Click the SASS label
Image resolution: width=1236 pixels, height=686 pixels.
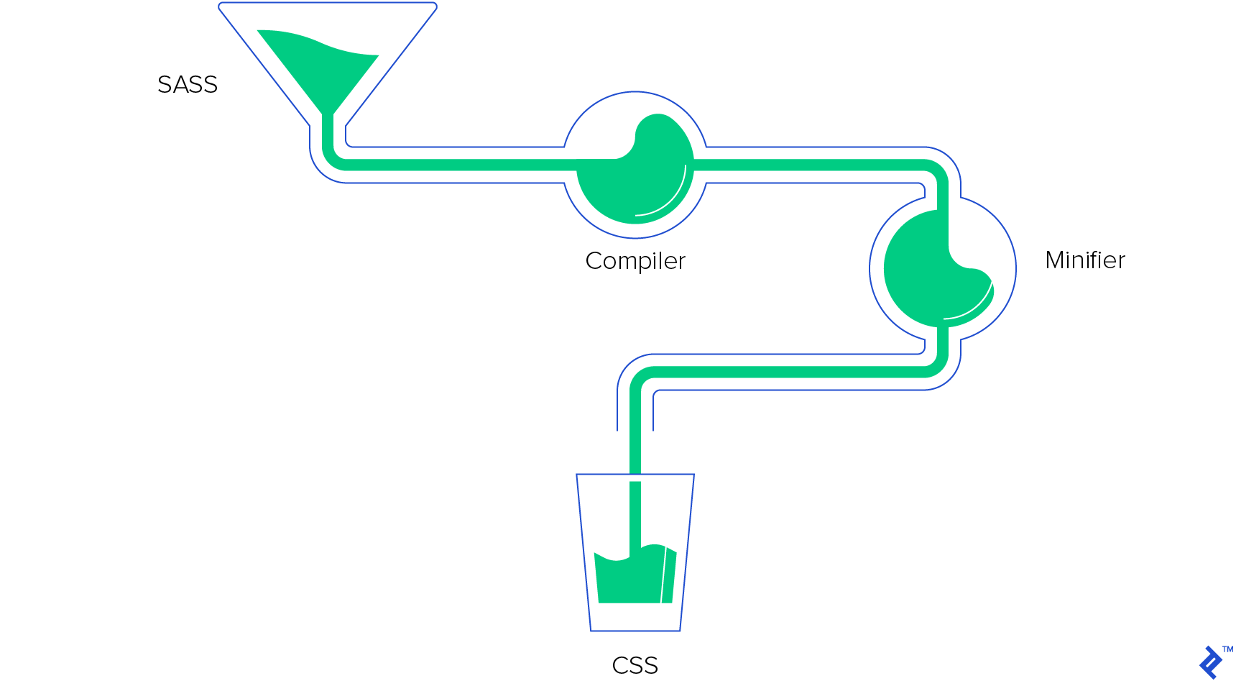point(188,85)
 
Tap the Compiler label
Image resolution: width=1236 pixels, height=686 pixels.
point(635,260)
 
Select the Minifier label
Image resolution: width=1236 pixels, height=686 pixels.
point(1084,260)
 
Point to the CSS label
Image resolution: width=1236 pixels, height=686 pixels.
point(635,665)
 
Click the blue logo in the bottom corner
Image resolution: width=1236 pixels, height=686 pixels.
point(1211,662)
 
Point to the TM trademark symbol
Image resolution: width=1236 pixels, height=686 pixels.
point(1227,649)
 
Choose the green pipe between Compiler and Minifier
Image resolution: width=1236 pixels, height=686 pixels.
point(812,165)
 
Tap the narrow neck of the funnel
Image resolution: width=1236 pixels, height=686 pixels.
point(328,133)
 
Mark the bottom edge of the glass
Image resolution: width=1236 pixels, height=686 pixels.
point(635,631)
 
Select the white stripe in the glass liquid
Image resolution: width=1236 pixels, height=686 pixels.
point(664,575)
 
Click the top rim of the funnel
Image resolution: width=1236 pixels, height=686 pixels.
point(328,4)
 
